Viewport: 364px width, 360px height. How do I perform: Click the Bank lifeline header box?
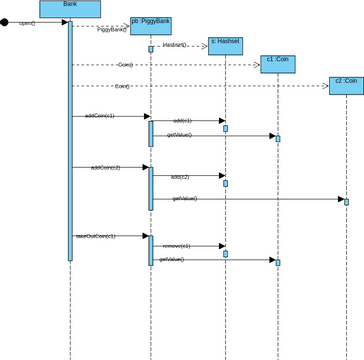70,9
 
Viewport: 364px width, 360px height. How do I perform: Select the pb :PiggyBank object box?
151,26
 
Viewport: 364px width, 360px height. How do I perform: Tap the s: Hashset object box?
226,45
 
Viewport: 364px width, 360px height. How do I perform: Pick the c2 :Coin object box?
346,85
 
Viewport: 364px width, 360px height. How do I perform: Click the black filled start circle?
5,22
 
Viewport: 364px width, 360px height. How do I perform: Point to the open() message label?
27,22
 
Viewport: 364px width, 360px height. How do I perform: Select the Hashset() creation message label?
174,45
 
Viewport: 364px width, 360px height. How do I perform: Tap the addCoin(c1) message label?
100,116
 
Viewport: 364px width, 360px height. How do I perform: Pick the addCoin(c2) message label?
105,167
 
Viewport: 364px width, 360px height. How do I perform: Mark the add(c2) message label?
179,176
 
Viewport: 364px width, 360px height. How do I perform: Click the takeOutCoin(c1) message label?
95,236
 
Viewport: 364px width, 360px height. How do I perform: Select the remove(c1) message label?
176,245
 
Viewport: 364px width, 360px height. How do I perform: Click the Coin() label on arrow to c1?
125,64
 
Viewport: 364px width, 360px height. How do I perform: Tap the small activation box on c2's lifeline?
346,201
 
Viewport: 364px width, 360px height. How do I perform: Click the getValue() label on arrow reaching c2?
184,198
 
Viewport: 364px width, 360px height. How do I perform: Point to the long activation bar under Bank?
70,140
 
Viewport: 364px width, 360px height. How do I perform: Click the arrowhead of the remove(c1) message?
222,246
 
